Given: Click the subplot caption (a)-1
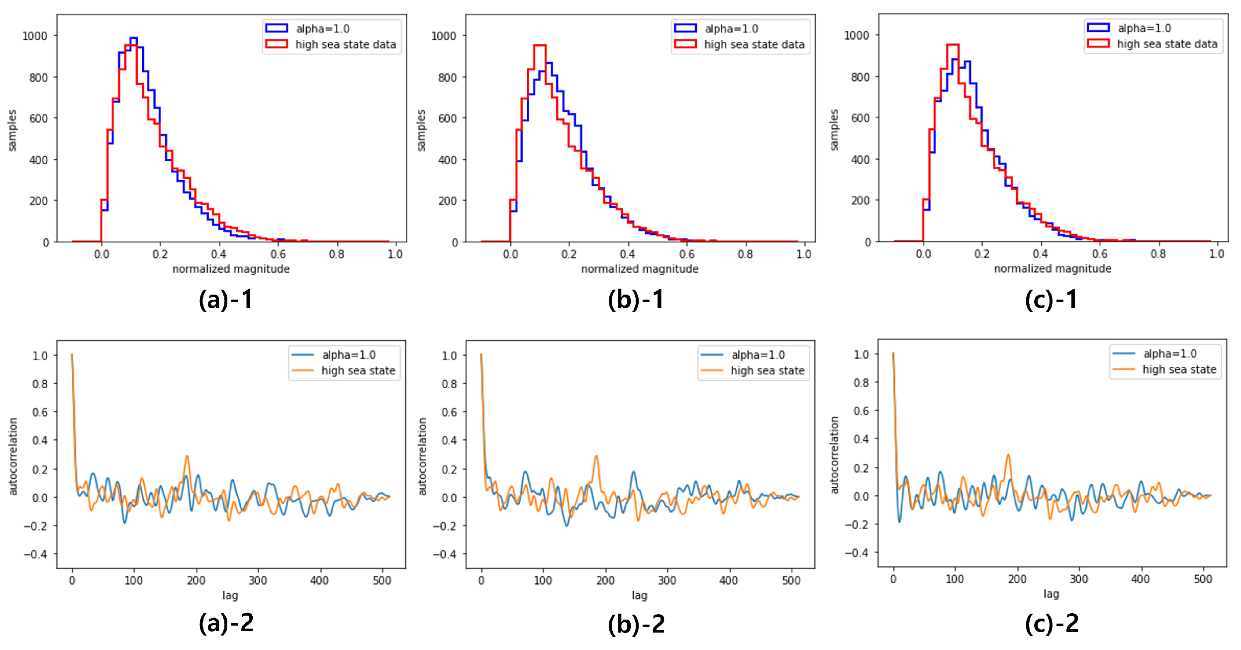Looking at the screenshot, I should pyautogui.click(x=226, y=300).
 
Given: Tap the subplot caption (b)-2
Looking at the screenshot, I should pyautogui.click(x=636, y=624).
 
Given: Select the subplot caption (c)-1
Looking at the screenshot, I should pyautogui.click(x=1051, y=300).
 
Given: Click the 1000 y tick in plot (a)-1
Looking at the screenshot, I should pyautogui.click(x=35, y=36).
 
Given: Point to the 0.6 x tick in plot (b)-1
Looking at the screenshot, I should pyautogui.click(x=686, y=254).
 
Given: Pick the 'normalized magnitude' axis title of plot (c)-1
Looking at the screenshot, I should pyautogui.click(x=1052, y=269).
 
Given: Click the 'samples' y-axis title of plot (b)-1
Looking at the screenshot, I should pyautogui.click(x=421, y=130).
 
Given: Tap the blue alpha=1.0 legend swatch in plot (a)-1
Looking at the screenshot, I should pyautogui.click(x=277, y=28).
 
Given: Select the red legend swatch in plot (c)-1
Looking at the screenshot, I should pyautogui.click(x=1098, y=43).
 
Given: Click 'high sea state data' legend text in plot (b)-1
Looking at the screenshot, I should pyautogui.click(x=754, y=45).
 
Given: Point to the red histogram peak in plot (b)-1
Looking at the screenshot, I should pyautogui.click(x=540, y=46).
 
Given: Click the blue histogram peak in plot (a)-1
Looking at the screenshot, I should pyautogui.click(x=133, y=38).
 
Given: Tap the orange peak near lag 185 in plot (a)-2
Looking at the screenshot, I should pyautogui.click(x=187, y=456).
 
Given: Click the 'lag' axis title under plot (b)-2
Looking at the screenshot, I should pyautogui.click(x=639, y=595).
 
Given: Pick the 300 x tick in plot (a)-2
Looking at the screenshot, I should pyautogui.click(x=258, y=580).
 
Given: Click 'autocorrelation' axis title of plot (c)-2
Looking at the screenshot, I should pyautogui.click(x=834, y=455).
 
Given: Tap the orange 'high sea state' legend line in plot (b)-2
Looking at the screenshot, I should pyautogui.click(x=712, y=370).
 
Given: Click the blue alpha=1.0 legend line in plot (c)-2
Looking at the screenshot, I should pyautogui.click(x=1124, y=353).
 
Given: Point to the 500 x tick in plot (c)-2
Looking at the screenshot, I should pyautogui.click(x=1203, y=579).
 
